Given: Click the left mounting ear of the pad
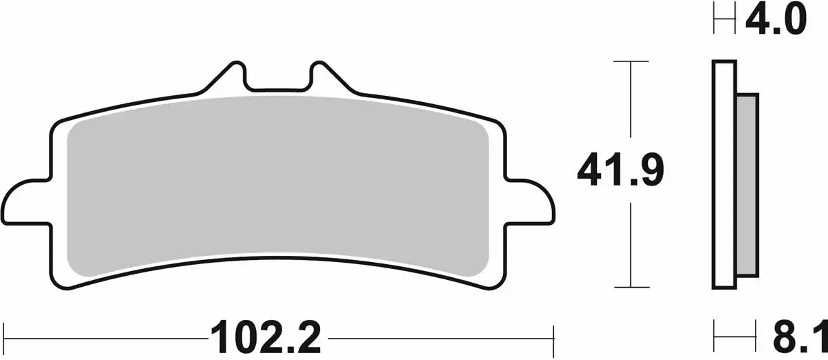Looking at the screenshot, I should (x=28, y=203).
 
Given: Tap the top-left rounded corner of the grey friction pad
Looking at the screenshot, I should (x=75, y=128).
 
